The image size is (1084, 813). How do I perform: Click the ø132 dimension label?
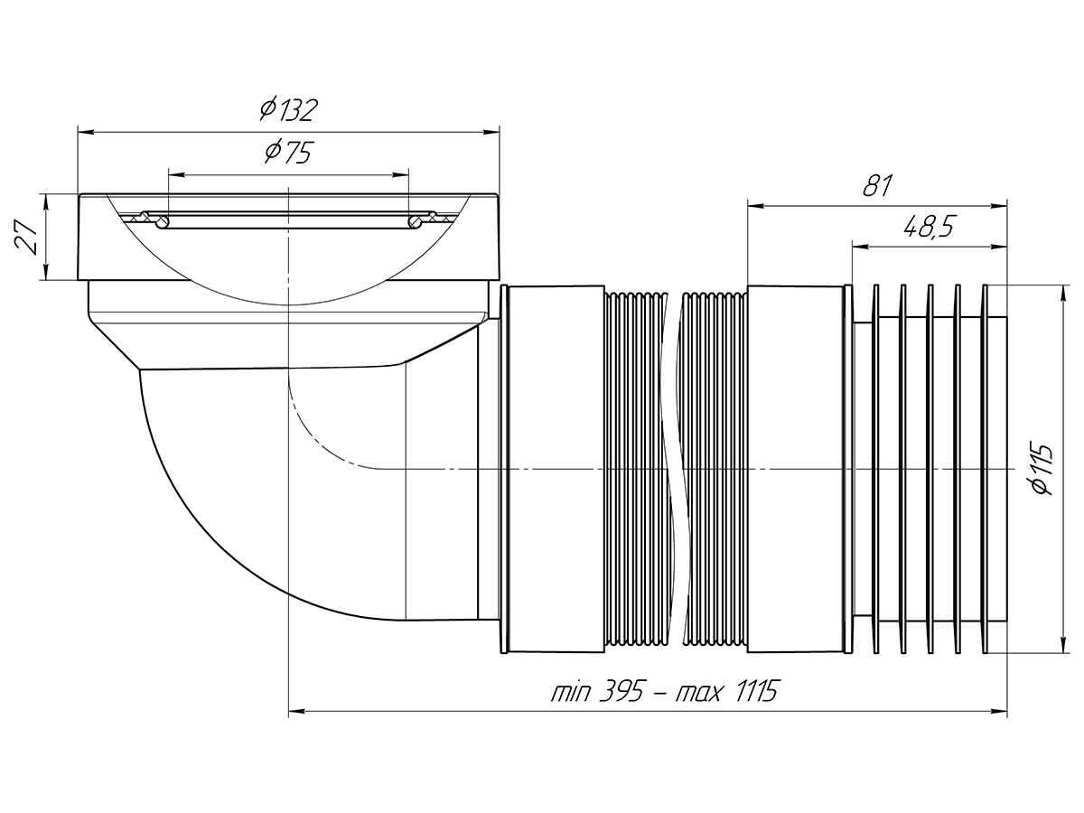[x=289, y=110]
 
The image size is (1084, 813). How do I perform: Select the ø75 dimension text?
[x=288, y=153]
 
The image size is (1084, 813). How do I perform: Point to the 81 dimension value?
[x=876, y=186]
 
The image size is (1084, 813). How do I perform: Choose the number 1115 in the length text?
[x=753, y=692]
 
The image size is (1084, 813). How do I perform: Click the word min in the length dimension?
[x=571, y=692]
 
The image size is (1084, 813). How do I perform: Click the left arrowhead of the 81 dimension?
[x=755, y=206]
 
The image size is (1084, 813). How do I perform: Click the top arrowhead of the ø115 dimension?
[x=1059, y=292]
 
